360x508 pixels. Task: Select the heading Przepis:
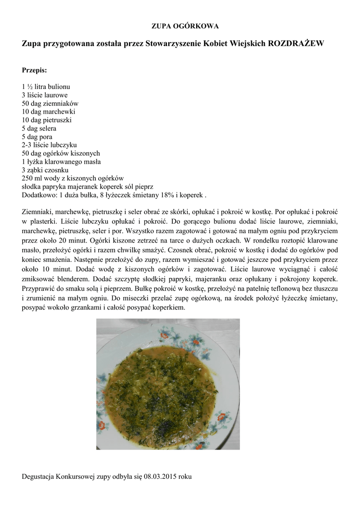[x=34, y=70]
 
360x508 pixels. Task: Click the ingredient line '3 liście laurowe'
[x=45, y=94]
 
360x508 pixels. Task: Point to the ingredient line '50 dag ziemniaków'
[x=50, y=103]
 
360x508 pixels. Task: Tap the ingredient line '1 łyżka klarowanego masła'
[x=61, y=161]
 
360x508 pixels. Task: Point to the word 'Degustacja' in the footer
[x=38, y=477]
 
